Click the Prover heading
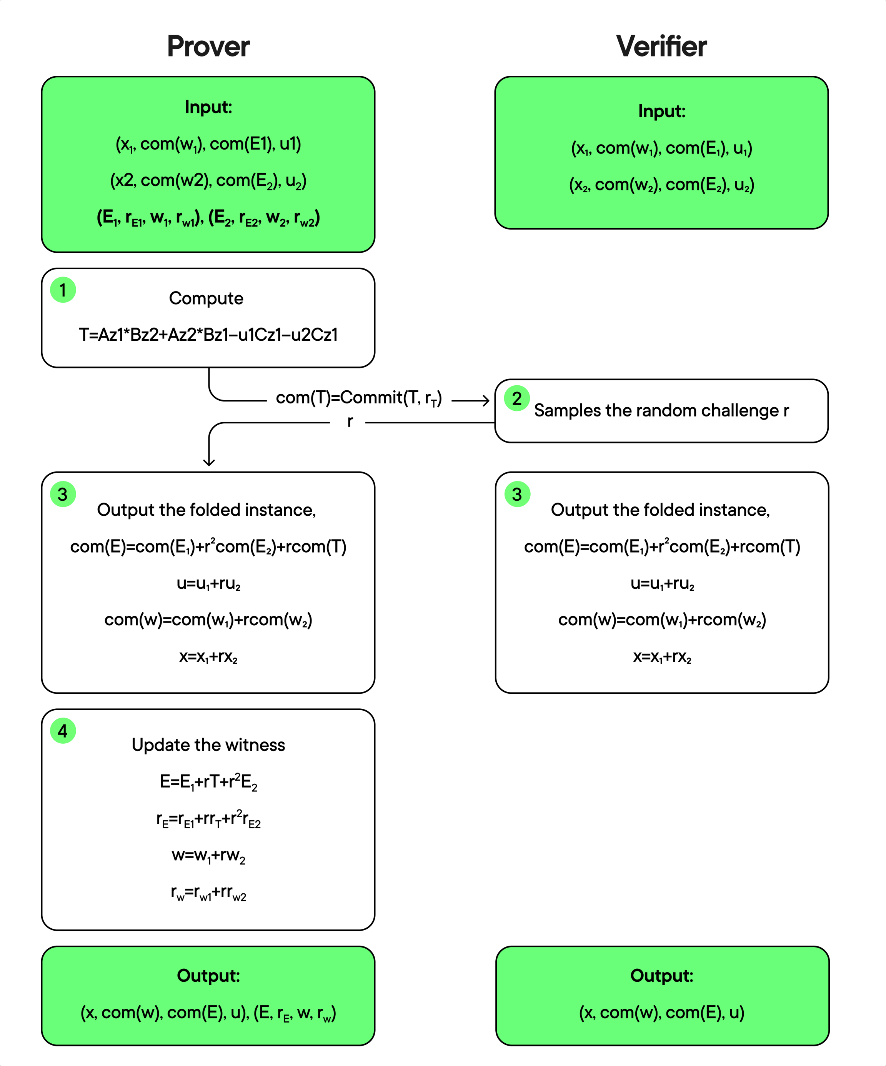pos(208,47)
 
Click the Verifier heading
pos(661,47)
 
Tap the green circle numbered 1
pos(63,290)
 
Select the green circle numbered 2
pos(517,398)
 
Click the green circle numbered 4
pos(63,731)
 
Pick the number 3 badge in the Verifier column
pos(517,494)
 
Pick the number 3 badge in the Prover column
pos(63,494)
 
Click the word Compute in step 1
pos(206,298)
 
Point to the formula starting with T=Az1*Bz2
pos(208,335)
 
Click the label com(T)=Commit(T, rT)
pos(359,398)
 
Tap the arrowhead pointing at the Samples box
pos(486,400)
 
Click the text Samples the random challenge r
pos(661,410)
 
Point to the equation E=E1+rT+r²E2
pos(208,782)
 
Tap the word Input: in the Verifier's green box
pos(661,111)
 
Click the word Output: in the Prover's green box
pos(208,976)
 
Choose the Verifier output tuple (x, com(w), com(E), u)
pos(661,1013)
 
